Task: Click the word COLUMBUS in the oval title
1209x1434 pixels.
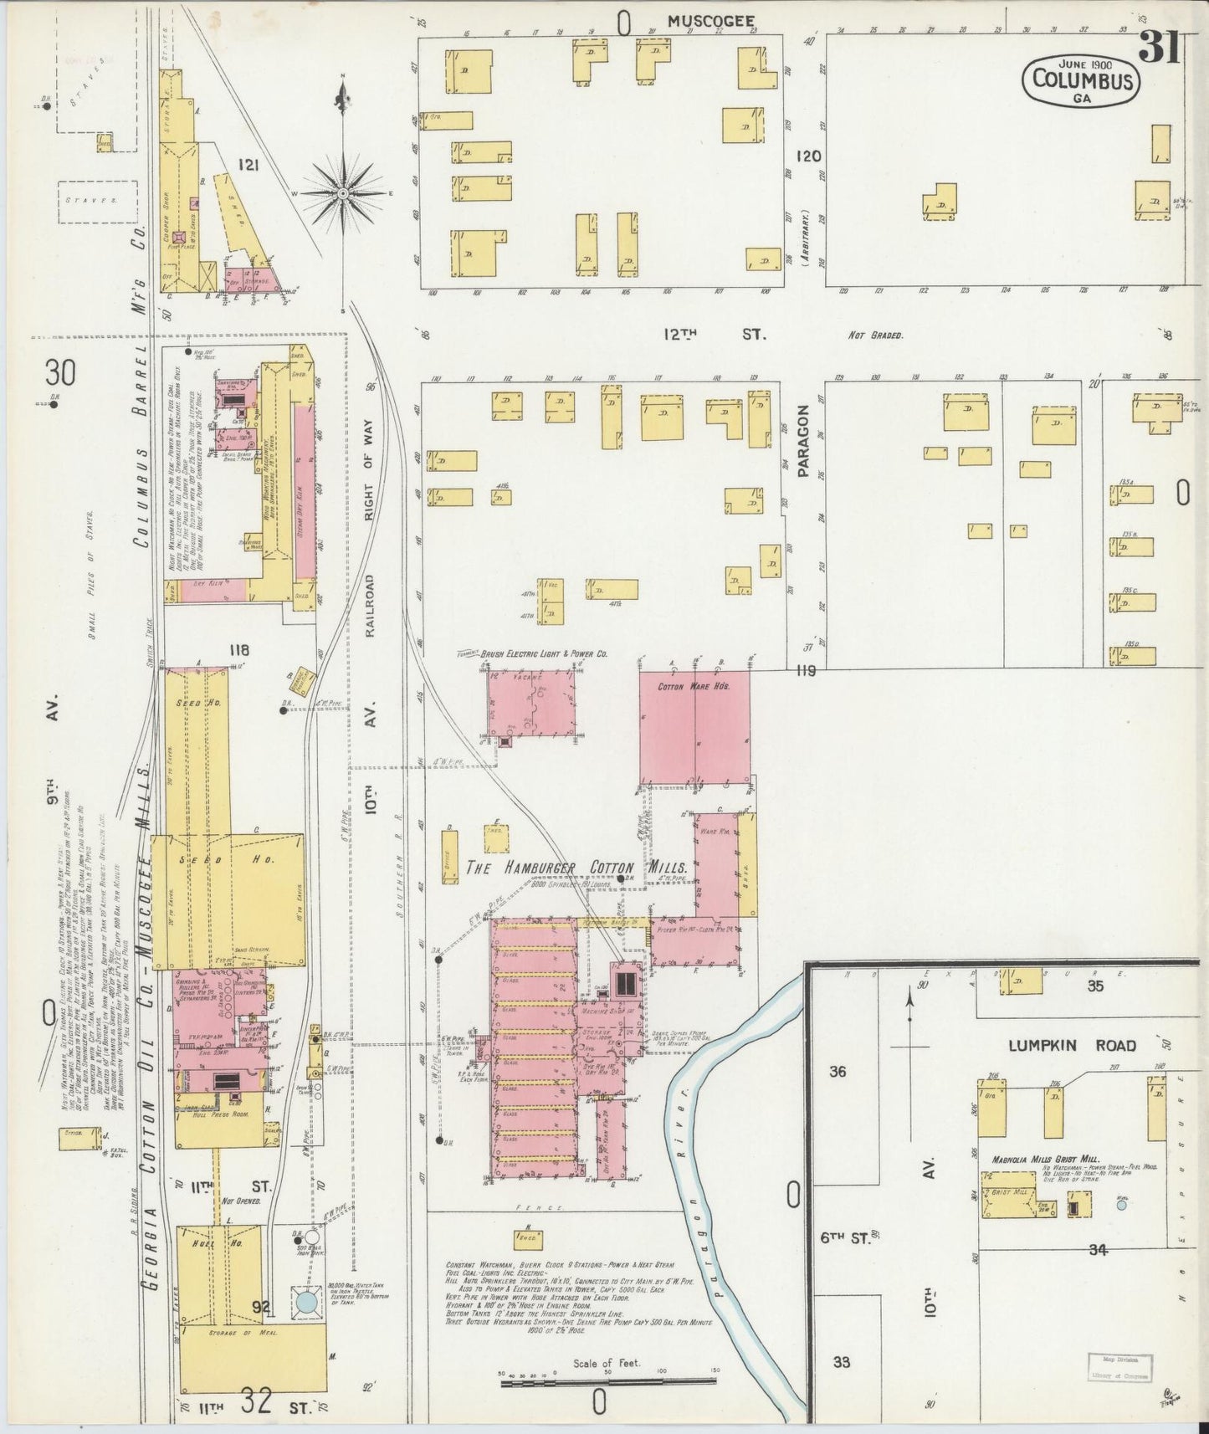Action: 1083,80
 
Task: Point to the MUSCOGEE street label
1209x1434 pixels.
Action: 710,21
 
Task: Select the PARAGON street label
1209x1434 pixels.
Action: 804,441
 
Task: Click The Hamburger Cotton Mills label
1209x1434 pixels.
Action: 576,868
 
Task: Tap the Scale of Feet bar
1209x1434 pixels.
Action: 607,1385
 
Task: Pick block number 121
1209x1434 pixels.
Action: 248,166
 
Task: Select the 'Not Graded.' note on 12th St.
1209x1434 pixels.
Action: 875,335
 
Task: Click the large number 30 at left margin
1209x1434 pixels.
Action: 61,371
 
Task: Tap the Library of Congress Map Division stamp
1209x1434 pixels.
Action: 1119,1367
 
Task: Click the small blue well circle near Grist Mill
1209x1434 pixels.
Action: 1121,1204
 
